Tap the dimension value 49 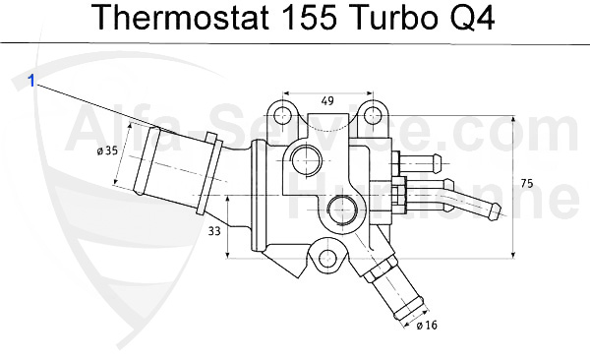[327, 99]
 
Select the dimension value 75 [528, 184]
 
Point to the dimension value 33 [214, 232]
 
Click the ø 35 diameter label [107, 151]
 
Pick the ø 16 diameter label [426, 326]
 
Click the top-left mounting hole [283, 117]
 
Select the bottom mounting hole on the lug [326, 260]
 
